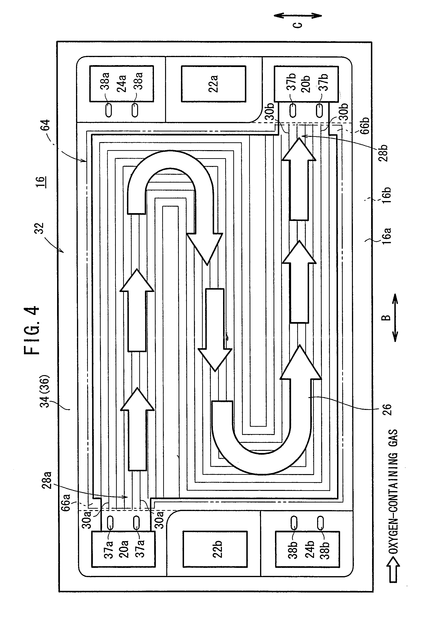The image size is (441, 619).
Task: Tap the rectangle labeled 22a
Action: pos(213,84)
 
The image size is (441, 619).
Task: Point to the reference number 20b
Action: pos(306,84)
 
